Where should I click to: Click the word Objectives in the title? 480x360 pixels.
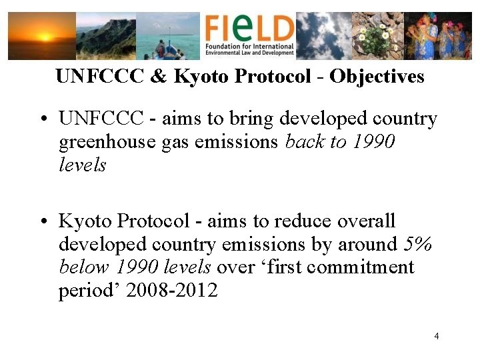[x=377, y=77]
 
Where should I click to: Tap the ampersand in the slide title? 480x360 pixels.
[x=159, y=77]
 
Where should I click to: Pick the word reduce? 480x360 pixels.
[x=306, y=221]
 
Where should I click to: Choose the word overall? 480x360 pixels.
[x=367, y=221]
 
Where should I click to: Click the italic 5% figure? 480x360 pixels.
[x=419, y=244]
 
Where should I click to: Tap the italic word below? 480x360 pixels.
[x=85, y=267]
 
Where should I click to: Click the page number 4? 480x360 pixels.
[x=436, y=336]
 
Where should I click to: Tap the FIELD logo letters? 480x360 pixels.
[x=249, y=28]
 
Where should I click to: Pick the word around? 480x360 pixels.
[x=368, y=244]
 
